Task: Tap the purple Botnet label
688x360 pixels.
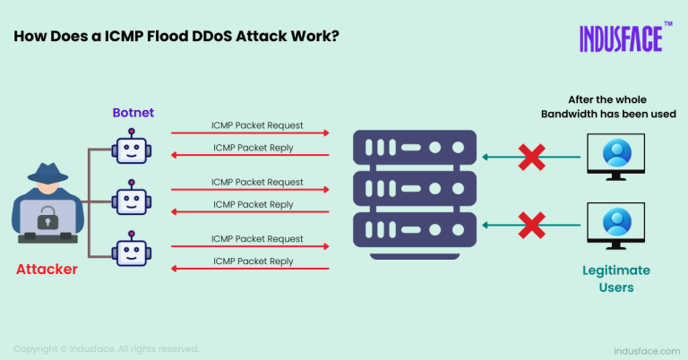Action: tap(132, 113)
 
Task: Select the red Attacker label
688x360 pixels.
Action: tap(46, 268)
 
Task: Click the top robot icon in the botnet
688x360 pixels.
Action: tap(132, 148)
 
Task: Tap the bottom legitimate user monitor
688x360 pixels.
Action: tap(616, 224)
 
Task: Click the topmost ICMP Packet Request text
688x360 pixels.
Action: tap(257, 124)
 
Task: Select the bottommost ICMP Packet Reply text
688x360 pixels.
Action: tap(254, 261)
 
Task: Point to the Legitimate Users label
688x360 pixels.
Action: tap(615, 278)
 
